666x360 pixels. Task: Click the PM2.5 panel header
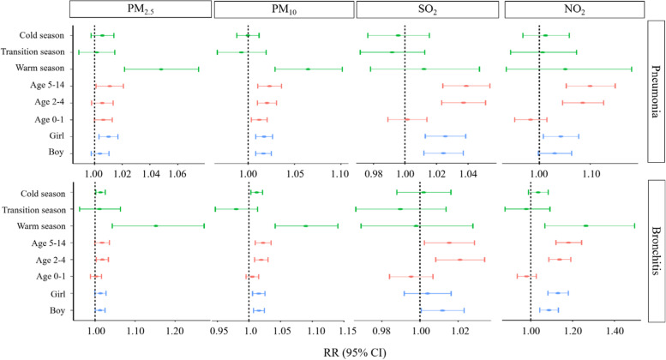coord(140,9)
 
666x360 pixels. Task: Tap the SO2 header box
coord(426,9)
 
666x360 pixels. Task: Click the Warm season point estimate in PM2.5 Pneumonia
coord(161,69)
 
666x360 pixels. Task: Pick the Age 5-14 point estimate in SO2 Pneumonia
coord(466,86)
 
